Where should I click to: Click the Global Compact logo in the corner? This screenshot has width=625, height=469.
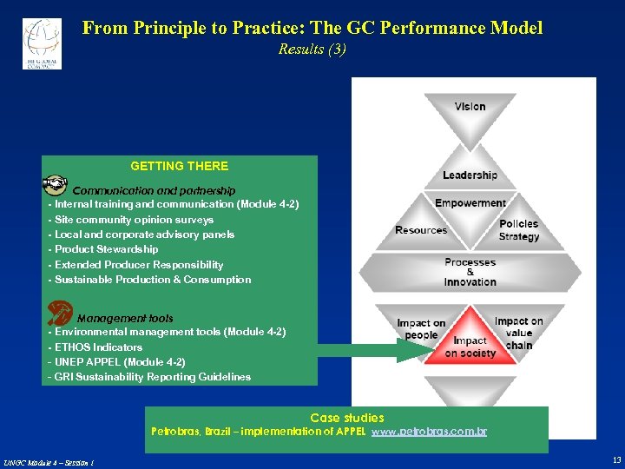[x=42, y=43]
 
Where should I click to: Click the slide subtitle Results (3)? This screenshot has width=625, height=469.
[x=312, y=50]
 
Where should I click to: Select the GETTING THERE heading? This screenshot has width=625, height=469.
[x=179, y=166]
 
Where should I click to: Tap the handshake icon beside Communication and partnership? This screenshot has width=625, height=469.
[x=56, y=185]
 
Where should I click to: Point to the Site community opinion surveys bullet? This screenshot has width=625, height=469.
[x=131, y=220]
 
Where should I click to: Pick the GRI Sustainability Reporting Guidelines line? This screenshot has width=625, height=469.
[x=149, y=377]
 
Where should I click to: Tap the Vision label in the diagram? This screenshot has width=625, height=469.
[x=470, y=107]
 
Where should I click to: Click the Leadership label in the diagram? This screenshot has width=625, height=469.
[x=470, y=175]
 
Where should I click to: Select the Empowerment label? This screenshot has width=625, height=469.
[x=470, y=203]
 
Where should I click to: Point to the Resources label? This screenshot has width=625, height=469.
[x=421, y=230]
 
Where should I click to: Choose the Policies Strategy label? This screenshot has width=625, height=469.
[x=519, y=230]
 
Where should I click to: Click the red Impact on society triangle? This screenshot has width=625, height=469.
[x=470, y=341]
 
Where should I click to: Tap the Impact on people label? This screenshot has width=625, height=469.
[x=421, y=329]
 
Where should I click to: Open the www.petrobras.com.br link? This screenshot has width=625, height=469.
[x=429, y=432]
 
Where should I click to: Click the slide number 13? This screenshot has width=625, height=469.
[x=615, y=459]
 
